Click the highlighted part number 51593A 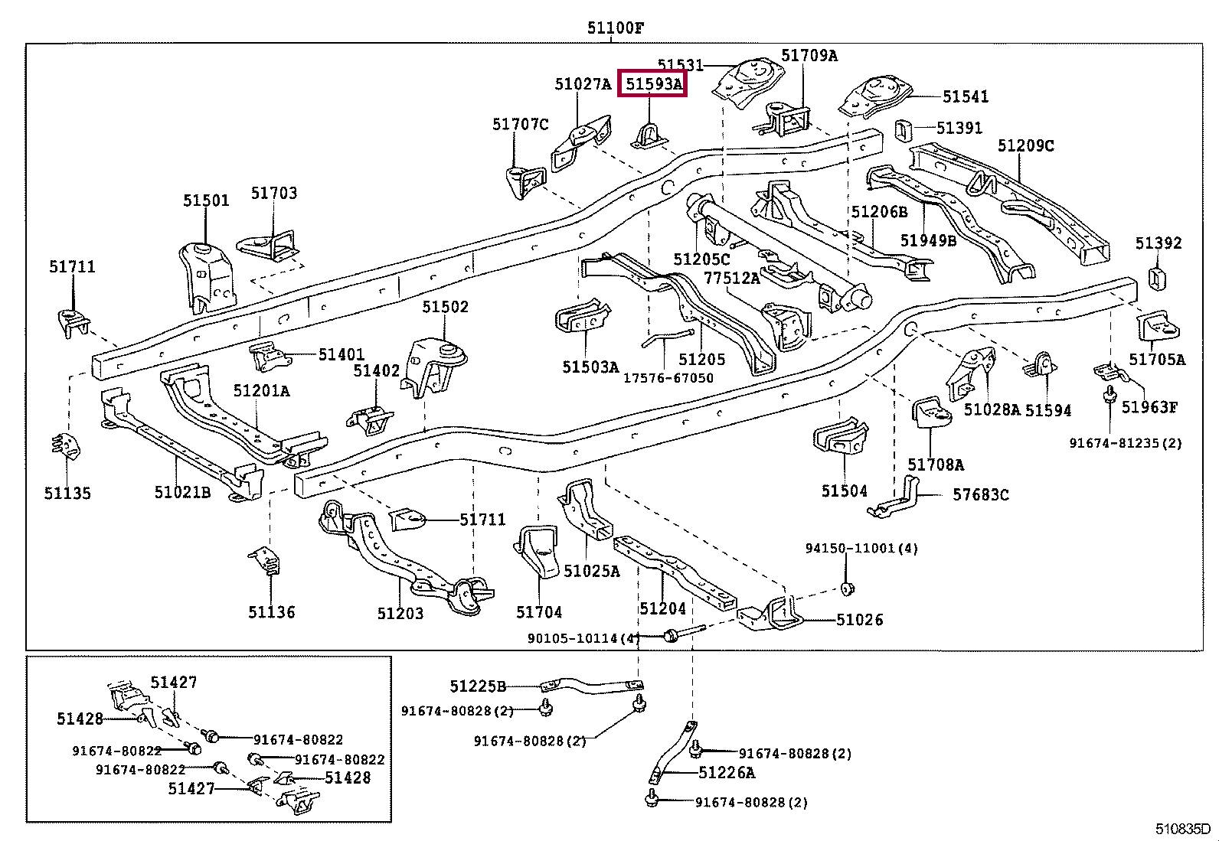(x=653, y=83)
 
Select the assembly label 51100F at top (x=616, y=29)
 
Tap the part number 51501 (x=206, y=200)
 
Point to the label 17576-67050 (x=668, y=378)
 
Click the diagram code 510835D (x=1183, y=829)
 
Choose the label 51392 (x=1159, y=243)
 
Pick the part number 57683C (x=980, y=495)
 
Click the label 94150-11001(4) (x=861, y=549)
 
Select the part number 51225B (x=478, y=686)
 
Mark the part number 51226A (x=727, y=773)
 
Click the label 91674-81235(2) (x=1126, y=443)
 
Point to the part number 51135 (x=67, y=493)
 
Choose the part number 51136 (x=271, y=611)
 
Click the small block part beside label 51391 (x=903, y=130)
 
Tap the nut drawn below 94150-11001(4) (x=848, y=588)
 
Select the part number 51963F (x=1149, y=407)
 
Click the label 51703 (x=274, y=194)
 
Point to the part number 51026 (x=859, y=620)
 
